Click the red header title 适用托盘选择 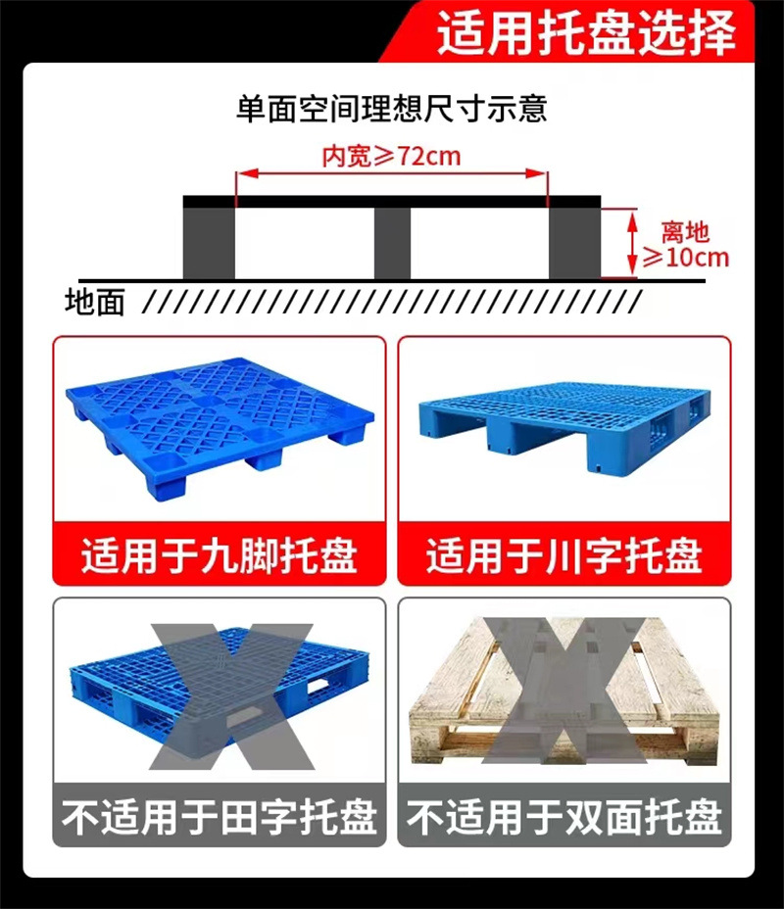click(586, 32)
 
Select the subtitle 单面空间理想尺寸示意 click(391, 109)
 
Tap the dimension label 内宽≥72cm click(391, 157)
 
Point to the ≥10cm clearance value click(685, 258)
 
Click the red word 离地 click(685, 232)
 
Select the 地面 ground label click(94, 303)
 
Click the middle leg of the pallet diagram click(392, 244)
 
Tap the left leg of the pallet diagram click(209, 244)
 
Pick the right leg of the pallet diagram click(574, 244)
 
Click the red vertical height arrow click(632, 244)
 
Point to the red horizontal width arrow click(391, 173)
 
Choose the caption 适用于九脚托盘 click(220, 556)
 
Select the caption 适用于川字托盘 click(564, 556)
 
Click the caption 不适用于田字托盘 click(220, 817)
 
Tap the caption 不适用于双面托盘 click(564, 817)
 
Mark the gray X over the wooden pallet click(563, 691)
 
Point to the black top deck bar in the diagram click(392, 202)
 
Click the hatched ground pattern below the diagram click(392, 302)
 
